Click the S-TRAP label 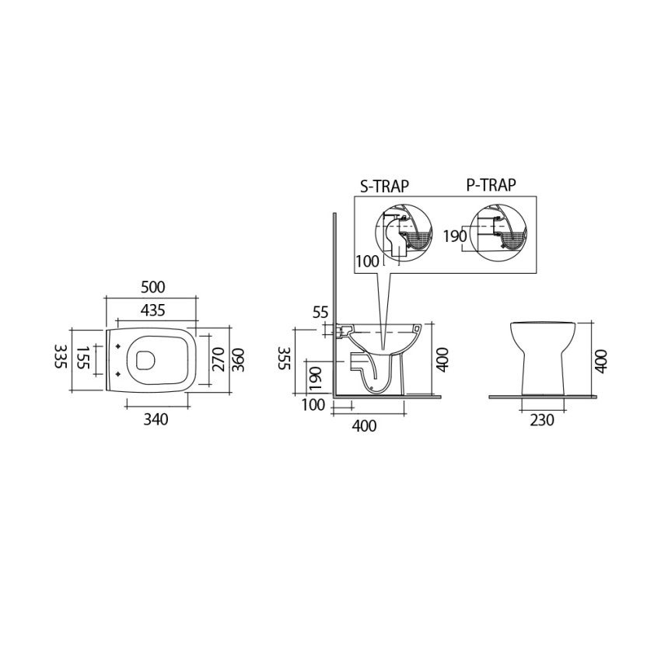(384, 186)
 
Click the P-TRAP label (491, 185)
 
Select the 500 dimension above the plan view (152, 287)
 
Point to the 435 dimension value (152, 310)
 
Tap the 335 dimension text (61, 356)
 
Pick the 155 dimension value (84, 358)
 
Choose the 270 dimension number (219, 359)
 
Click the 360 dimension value (238, 359)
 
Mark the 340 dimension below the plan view (156, 419)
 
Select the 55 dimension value (320, 313)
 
